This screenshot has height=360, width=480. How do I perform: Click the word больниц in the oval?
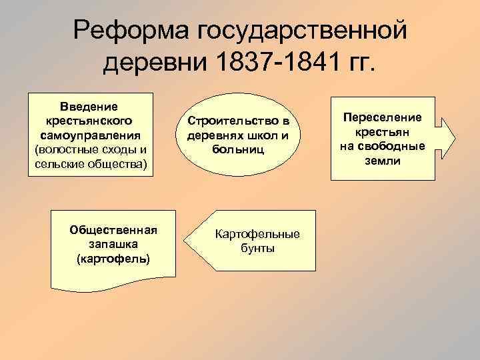click(238, 149)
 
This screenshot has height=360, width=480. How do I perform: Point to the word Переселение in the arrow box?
click(383, 117)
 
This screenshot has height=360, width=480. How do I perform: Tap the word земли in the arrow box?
click(383, 161)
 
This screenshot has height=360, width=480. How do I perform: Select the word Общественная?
click(113, 230)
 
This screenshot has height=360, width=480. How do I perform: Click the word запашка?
click(113, 244)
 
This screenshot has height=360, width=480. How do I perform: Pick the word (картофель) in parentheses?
click(113, 258)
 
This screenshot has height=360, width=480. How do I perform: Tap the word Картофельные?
click(257, 234)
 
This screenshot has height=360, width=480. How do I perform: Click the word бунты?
click(257, 248)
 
